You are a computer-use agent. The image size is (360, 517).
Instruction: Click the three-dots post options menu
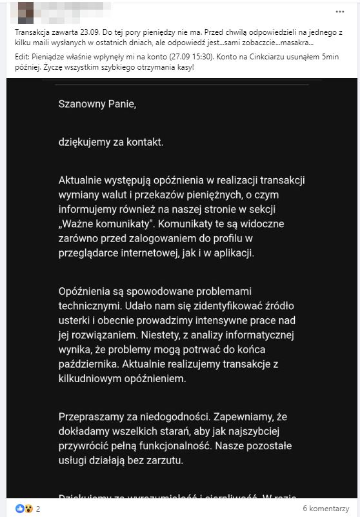[340, 12]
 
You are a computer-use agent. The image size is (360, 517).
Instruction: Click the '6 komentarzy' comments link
[326, 508]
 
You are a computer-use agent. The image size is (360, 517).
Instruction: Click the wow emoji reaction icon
[28, 508]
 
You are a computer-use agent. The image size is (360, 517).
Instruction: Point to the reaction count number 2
[38, 508]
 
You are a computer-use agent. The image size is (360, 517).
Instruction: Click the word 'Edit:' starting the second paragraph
[22, 57]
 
